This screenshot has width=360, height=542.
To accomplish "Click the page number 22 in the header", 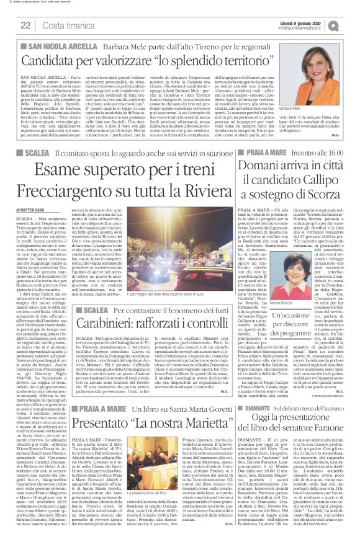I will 26,25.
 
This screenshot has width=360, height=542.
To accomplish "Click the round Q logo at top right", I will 351,24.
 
